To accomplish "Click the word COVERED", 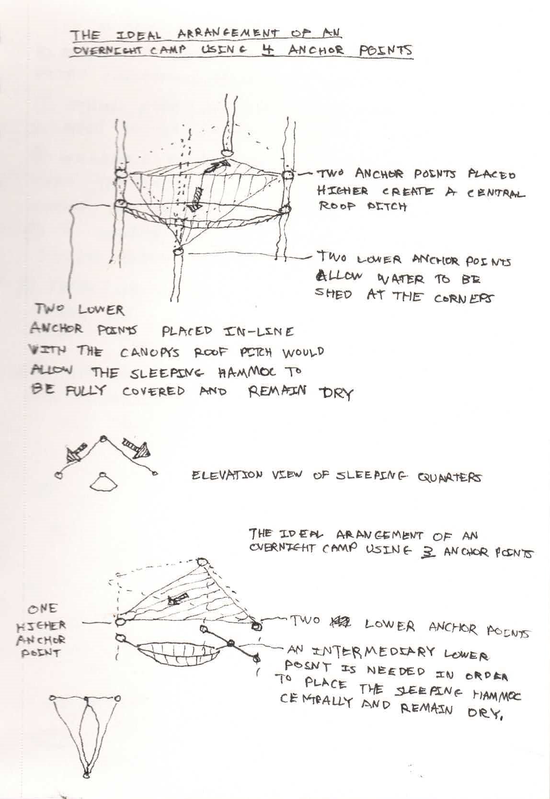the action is coord(153,391).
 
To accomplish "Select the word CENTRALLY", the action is coord(315,702).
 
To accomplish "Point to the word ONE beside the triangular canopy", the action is coord(43,609).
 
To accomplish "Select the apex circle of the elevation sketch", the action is coord(102,438).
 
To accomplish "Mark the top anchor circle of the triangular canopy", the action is coord(202,562).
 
